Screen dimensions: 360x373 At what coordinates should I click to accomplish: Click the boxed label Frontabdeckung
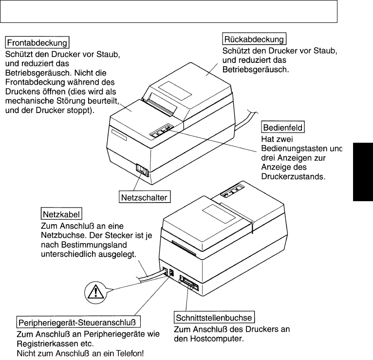(x=37, y=42)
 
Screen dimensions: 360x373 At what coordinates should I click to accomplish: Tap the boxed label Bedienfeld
(x=283, y=128)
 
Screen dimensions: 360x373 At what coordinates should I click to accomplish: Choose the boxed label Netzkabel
(x=61, y=214)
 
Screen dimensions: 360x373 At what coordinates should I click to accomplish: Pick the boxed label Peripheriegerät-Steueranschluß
(x=78, y=322)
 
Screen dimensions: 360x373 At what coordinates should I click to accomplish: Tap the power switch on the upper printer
(x=142, y=170)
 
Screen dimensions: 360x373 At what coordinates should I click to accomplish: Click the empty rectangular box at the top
(x=168, y=11)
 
